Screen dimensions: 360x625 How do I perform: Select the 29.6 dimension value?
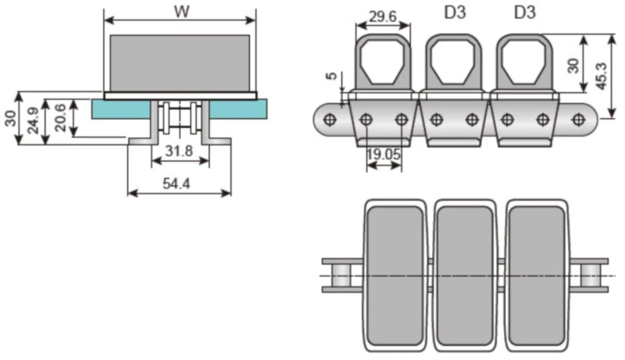[x=382, y=16]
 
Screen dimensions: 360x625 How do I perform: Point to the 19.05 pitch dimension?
[x=383, y=155]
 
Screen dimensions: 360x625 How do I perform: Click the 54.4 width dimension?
[x=180, y=184]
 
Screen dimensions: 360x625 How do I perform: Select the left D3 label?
[x=452, y=13]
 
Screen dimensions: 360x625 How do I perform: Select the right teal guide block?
[x=237, y=108]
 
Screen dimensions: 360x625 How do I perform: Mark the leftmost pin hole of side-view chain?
[x=330, y=119]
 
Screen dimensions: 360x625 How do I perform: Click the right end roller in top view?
[x=592, y=276]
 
